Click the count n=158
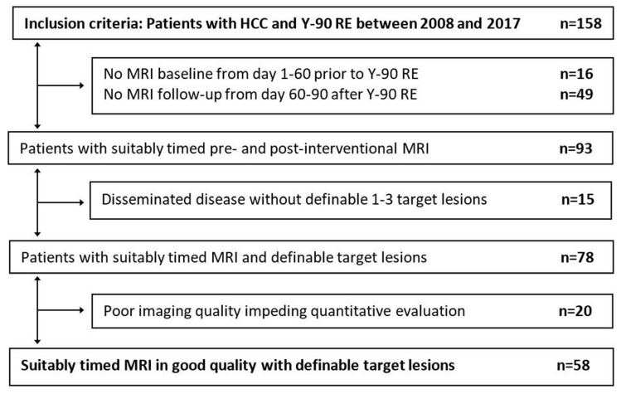point(580,23)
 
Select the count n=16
point(576,74)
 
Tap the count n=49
point(576,95)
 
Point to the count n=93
point(576,148)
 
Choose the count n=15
point(578,199)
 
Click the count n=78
point(577,257)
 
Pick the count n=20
point(575,311)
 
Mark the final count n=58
point(574,365)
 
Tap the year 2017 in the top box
point(503,23)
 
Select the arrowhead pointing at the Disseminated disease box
point(81,202)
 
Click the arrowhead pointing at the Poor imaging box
point(81,310)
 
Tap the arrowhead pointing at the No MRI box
point(81,85)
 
